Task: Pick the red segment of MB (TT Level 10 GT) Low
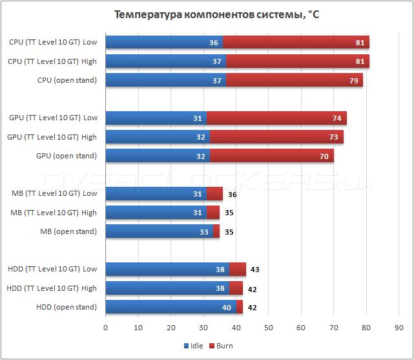tap(218, 194)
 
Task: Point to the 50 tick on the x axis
tap(268, 328)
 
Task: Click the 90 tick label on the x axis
tap(398, 328)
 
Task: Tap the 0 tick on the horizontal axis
tap(106, 328)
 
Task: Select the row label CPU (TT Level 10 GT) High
tap(53, 61)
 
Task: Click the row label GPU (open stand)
tap(67, 156)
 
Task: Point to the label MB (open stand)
tap(68, 231)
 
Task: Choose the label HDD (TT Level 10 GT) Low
tap(52, 270)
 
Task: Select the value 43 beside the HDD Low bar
tap(254, 270)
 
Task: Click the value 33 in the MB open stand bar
tap(205, 231)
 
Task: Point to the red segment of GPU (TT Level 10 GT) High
tap(276, 137)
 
